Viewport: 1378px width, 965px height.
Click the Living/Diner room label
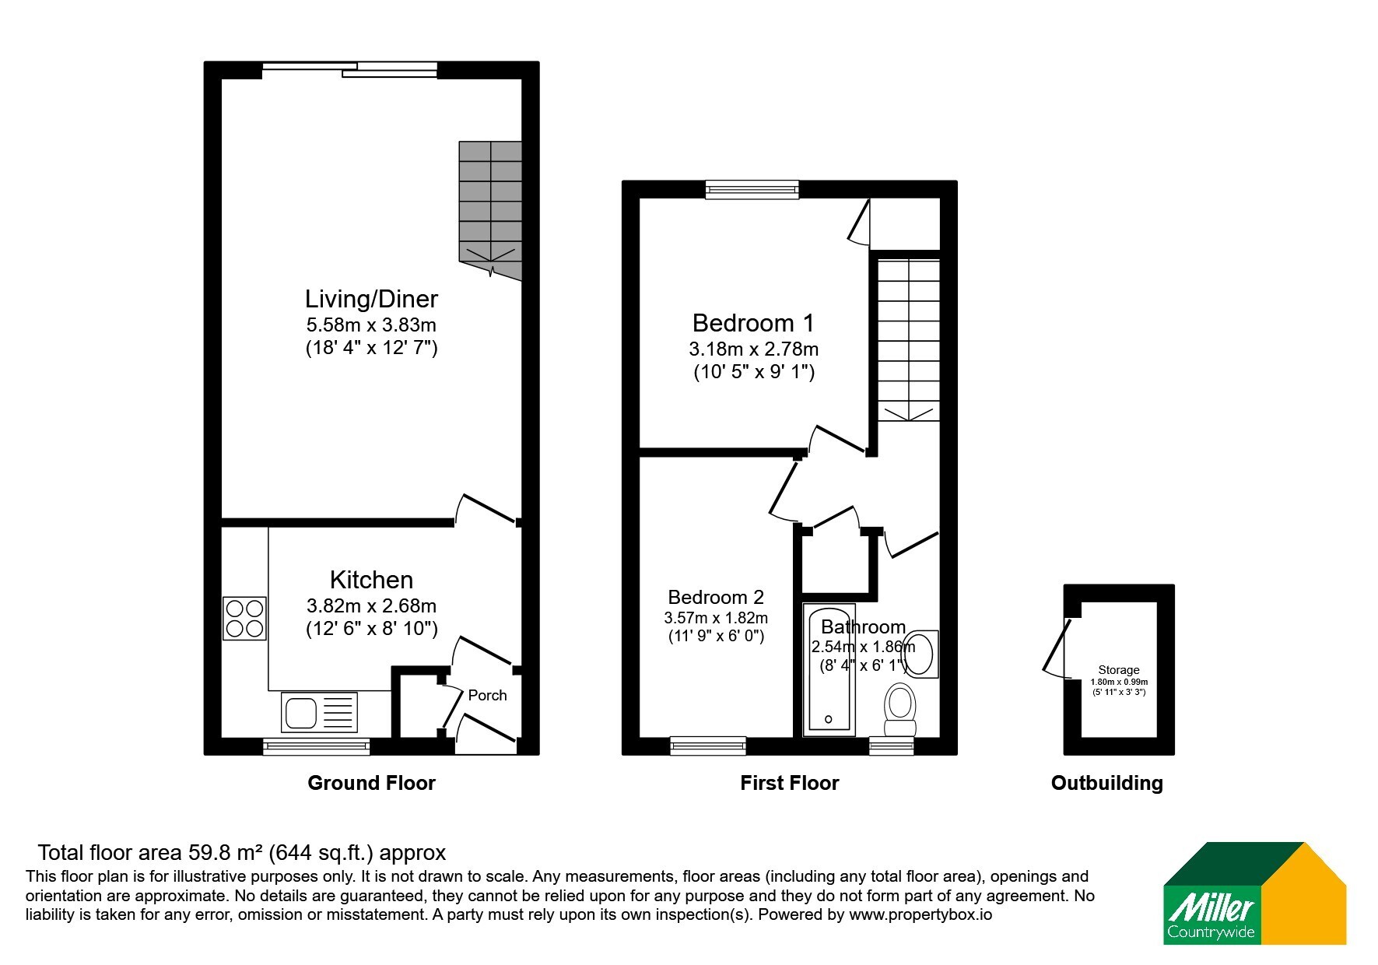371,299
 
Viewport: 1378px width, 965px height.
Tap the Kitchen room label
371,580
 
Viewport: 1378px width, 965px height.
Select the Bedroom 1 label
753,322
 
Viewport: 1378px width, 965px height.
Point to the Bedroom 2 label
716,597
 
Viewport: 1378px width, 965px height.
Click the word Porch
487,695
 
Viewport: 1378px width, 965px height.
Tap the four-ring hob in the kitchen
245,618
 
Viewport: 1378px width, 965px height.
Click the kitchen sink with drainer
320,712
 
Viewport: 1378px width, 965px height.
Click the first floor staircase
909,340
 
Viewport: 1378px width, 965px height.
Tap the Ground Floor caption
371,783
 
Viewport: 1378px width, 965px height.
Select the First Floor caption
789,783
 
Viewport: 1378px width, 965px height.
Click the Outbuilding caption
1106,783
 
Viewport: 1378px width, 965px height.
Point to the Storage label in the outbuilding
1119,670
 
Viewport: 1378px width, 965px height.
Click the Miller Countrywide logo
1254,893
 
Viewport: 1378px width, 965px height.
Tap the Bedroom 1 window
752,189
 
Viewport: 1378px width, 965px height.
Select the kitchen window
316,746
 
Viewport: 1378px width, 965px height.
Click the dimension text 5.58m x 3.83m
371,325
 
